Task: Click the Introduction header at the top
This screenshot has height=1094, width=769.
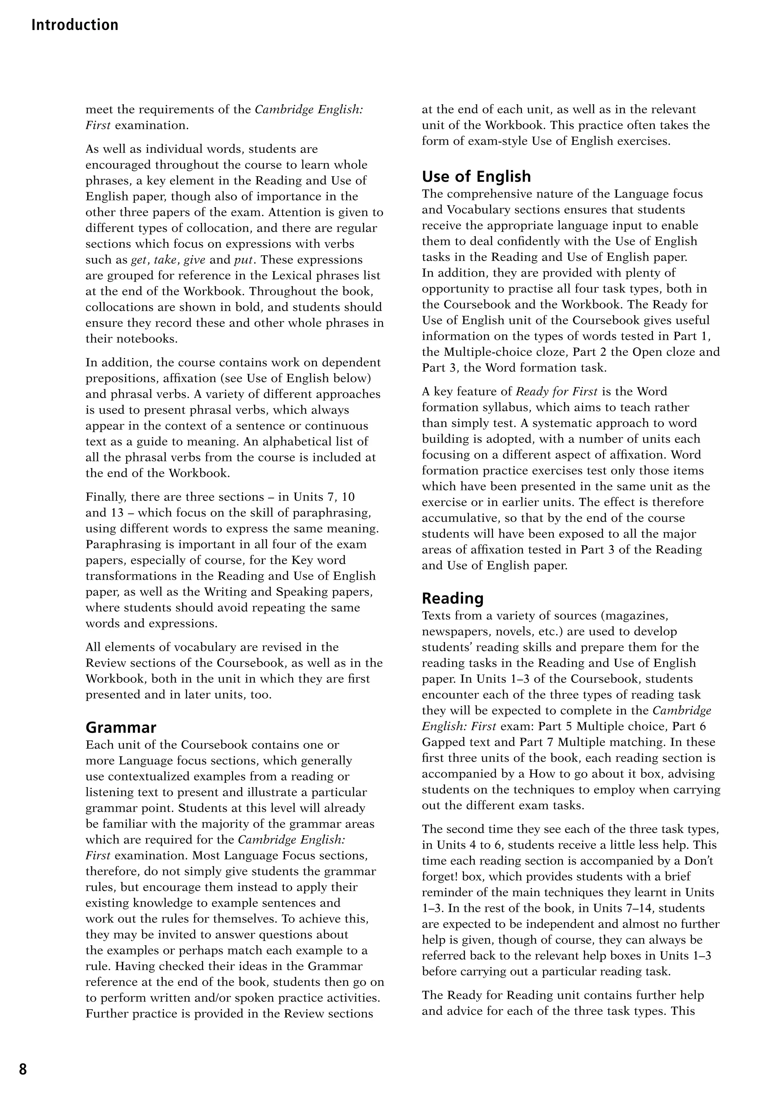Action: point(75,25)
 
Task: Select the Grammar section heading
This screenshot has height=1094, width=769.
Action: point(121,728)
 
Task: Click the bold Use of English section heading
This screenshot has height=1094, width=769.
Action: point(476,176)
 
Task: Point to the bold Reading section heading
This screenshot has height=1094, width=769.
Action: point(452,598)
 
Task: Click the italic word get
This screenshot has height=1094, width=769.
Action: point(138,260)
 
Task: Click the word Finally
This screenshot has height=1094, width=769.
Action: point(106,497)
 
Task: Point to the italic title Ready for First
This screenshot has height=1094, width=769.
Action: point(556,392)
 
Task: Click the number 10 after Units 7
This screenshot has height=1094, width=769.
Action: point(348,497)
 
